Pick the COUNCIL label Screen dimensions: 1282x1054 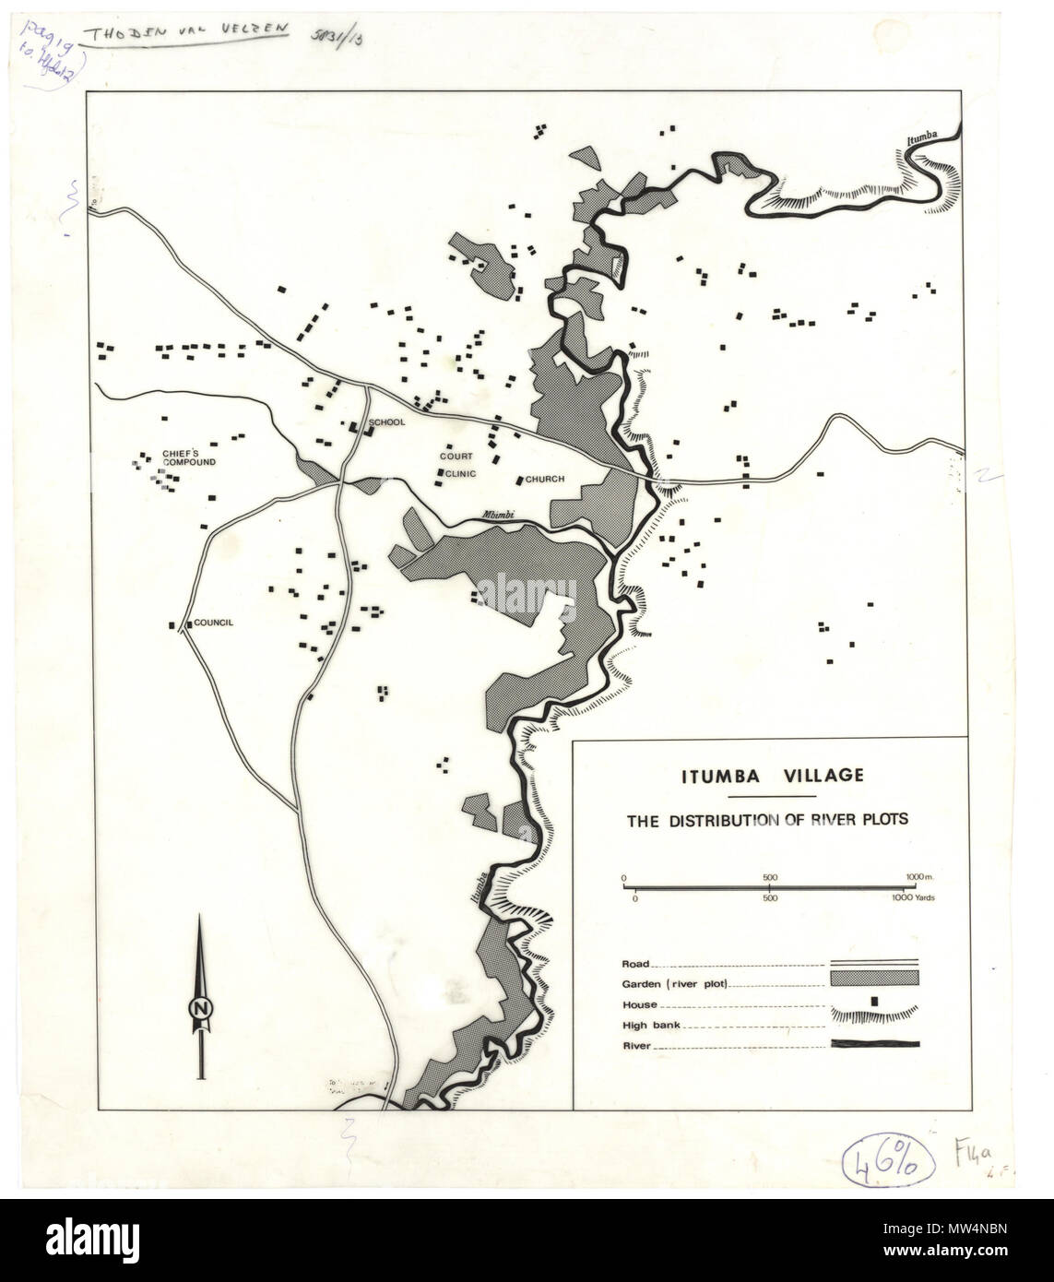click(212, 623)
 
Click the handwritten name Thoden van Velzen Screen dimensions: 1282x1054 click(184, 30)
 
